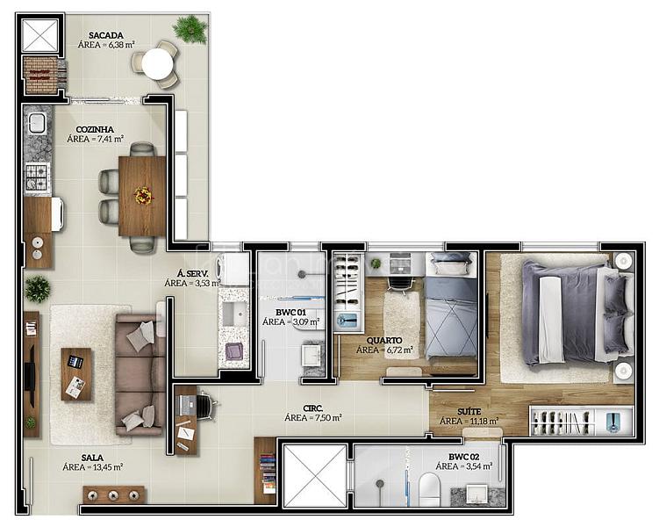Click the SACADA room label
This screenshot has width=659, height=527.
pyautogui.click(x=106, y=36)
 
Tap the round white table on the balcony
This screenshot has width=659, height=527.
pyautogui.click(x=157, y=64)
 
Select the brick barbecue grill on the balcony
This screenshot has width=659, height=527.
pyautogui.click(x=40, y=75)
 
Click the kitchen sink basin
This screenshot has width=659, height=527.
pyautogui.click(x=37, y=123)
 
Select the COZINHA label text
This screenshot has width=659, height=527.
pyautogui.click(x=95, y=129)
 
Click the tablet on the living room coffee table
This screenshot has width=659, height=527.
pyautogui.click(x=75, y=361)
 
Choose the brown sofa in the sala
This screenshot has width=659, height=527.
pyautogui.click(x=140, y=374)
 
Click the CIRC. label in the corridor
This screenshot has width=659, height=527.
pyautogui.click(x=313, y=408)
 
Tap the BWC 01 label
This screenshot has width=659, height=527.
pyautogui.click(x=290, y=313)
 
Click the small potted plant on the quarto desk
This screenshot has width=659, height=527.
pyautogui.click(x=376, y=263)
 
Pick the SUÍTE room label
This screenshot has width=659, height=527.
pyautogui.click(x=469, y=411)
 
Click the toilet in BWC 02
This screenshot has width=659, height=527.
pyautogui.click(x=429, y=489)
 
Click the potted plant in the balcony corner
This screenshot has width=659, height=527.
pyautogui.click(x=190, y=29)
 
